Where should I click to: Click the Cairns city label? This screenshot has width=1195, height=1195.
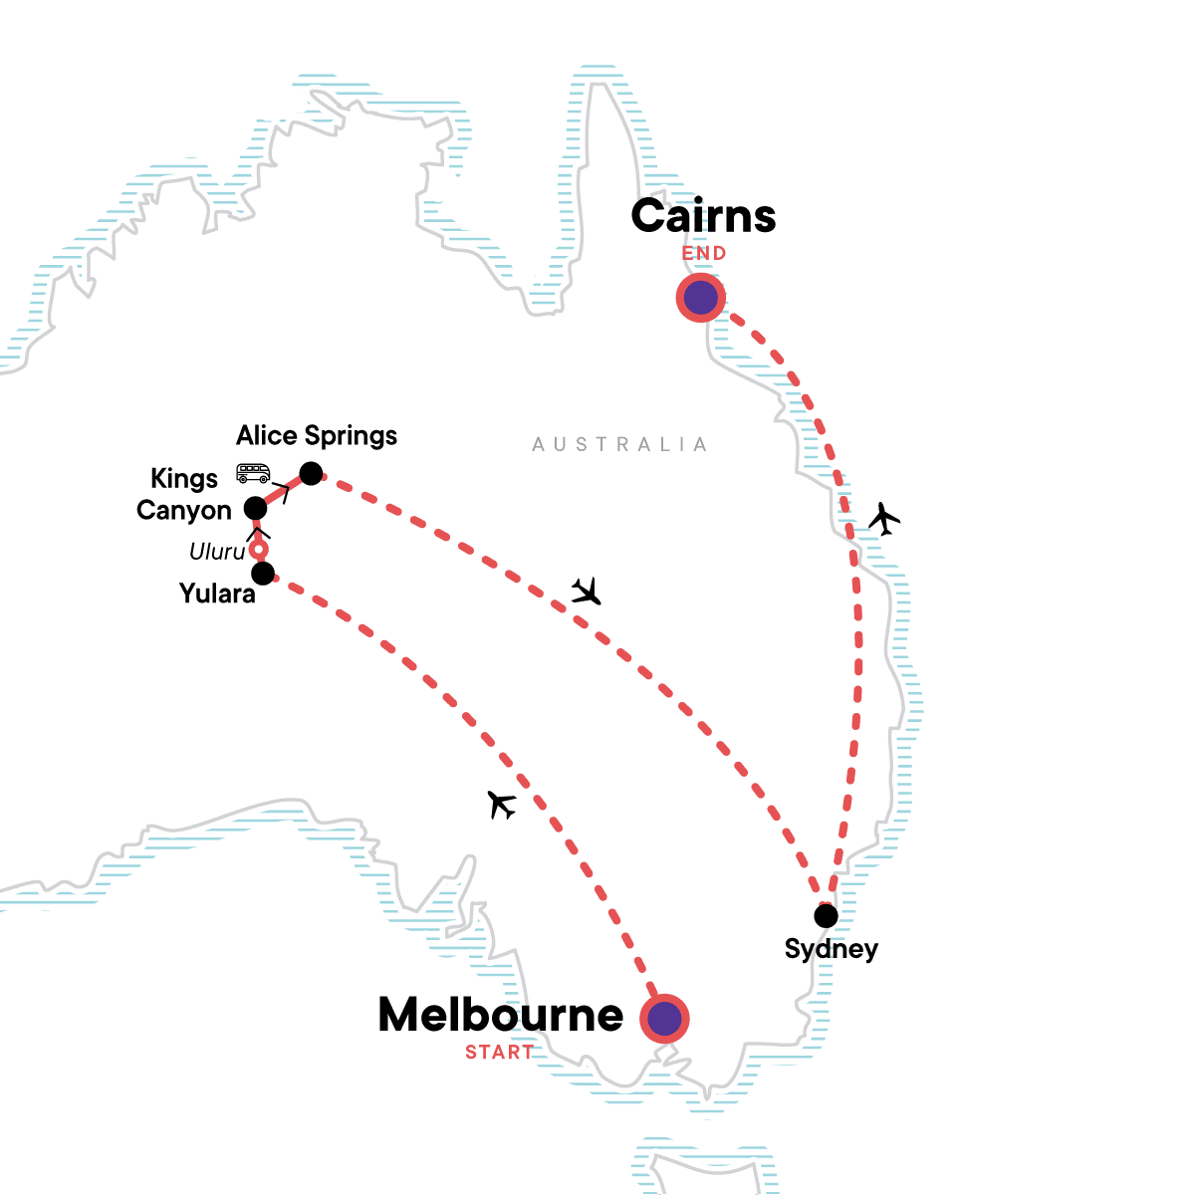click(703, 216)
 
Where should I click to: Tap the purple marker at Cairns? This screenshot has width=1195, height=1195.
click(701, 297)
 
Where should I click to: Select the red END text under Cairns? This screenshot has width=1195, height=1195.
click(704, 254)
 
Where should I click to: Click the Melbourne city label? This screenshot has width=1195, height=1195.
click(501, 1015)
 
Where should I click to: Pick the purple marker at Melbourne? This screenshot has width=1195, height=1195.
click(664, 1019)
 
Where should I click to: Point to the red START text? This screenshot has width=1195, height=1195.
click(499, 1053)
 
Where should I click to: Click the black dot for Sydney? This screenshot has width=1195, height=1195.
click(826, 915)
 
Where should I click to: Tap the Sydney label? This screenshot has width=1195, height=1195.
click(832, 949)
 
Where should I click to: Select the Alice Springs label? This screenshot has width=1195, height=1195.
click(317, 436)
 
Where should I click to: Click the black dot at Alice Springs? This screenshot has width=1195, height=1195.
click(312, 473)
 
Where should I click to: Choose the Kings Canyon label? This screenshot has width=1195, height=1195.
click(184, 495)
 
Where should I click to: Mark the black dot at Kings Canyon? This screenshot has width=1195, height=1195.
click(256, 507)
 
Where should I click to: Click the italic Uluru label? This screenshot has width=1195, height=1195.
click(217, 552)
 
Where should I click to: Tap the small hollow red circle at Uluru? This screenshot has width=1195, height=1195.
click(259, 550)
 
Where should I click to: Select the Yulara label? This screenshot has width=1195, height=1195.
click(217, 595)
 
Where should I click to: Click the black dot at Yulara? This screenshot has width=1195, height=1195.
click(263, 574)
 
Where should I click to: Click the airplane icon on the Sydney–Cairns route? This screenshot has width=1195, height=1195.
click(883, 518)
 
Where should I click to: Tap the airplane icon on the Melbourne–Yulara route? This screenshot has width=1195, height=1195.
click(503, 804)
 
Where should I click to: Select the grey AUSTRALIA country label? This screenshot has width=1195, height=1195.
click(619, 444)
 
